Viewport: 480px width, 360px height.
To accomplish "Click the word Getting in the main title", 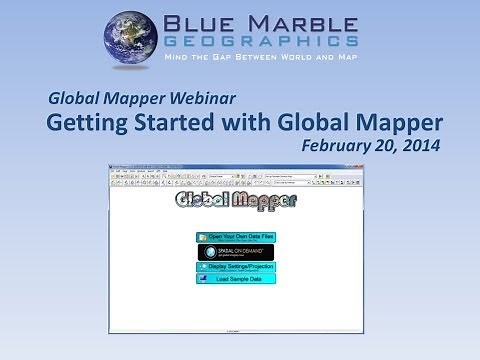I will click(89, 124).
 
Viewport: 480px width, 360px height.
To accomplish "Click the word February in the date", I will click(337, 146).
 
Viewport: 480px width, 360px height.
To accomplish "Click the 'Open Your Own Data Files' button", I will click(235, 237).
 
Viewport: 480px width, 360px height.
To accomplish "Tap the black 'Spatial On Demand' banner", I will click(235, 252).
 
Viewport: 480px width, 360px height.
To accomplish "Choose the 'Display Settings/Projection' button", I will click(235, 267).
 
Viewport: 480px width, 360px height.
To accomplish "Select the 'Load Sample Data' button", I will click(235, 279).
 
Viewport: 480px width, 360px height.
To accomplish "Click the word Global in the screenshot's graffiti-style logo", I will click(206, 201).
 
